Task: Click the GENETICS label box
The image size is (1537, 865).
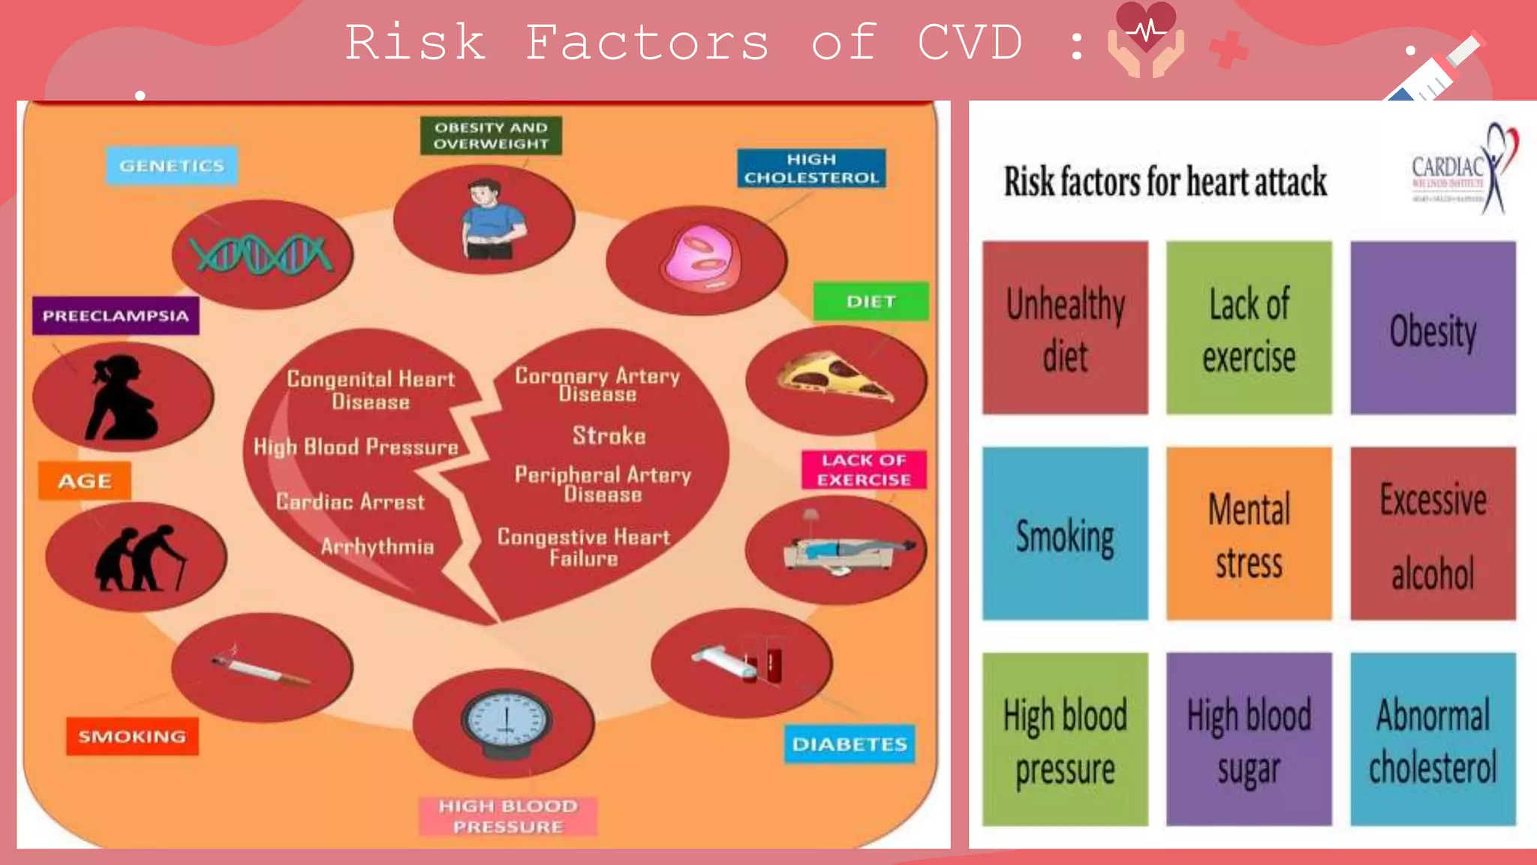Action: click(x=172, y=166)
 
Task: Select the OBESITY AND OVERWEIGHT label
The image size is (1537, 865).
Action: click(x=491, y=136)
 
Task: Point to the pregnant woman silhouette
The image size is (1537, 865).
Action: click(x=122, y=397)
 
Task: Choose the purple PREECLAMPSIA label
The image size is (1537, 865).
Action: click(x=116, y=315)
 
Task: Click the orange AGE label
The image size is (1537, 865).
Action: click(x=85, y=481)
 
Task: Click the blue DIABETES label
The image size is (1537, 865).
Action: click(x=850, y=744)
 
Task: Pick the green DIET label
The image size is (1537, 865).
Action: click(x=871, y=301)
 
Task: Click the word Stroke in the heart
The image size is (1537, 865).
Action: click(x=609, y=436)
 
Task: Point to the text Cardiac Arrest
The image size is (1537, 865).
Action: click(x=350, y=502)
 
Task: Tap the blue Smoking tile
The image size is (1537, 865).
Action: click(x=1065, y=534)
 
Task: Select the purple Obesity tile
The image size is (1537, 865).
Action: click(x=1433, y=328)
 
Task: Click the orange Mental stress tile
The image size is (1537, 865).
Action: click(x=1249, y=534)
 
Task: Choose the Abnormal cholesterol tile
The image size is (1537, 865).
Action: click(x=1433, y=740)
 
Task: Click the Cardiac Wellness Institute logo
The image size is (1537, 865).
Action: click(x=1463, y=170)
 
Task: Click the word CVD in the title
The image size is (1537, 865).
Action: click(x=970, y=42)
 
